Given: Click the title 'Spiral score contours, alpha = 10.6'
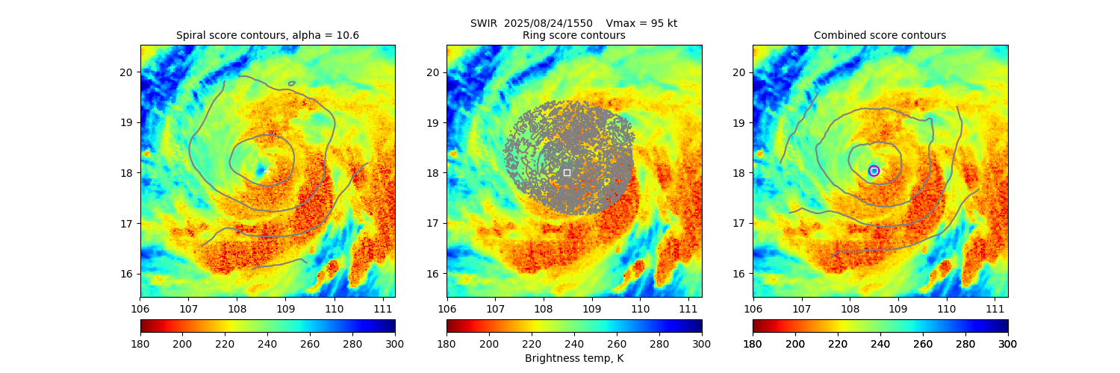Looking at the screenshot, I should pos(267,35).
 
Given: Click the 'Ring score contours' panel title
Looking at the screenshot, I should pos(573,35).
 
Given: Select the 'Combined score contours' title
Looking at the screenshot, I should pos(880,35).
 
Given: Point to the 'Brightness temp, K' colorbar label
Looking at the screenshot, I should pos(573,358).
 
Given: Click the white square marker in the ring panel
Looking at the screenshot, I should pos(567,172).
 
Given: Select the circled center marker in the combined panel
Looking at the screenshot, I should pos(874,171).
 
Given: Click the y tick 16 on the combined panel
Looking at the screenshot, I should pos(740,273).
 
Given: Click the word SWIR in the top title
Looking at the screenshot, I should pos(484,23).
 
